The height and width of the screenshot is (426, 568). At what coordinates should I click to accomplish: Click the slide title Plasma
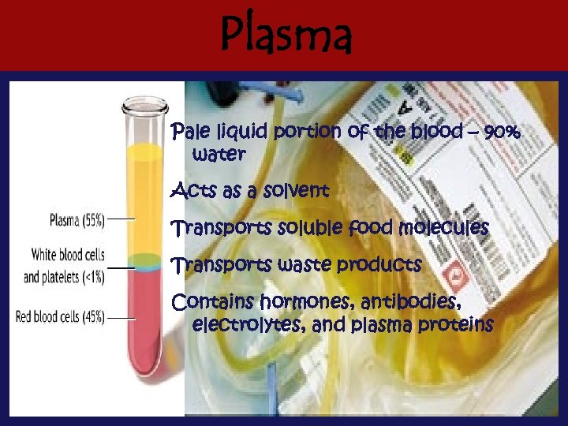pos(286,35)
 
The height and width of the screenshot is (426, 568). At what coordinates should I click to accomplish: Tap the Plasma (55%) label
pos(77,220)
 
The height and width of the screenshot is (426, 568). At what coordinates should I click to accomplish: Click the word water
pos(219,155)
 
